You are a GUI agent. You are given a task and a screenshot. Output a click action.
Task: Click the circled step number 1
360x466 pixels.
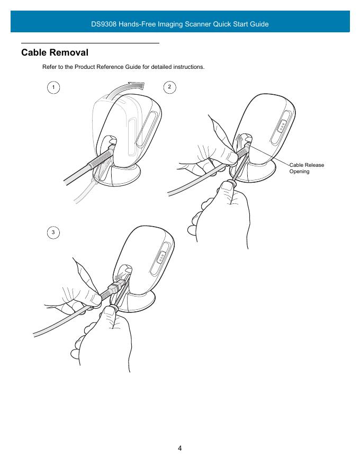(53, 87)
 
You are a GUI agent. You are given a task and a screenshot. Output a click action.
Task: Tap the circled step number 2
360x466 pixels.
(169, 87)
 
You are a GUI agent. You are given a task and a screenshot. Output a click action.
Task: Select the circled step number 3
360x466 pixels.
(53, 232)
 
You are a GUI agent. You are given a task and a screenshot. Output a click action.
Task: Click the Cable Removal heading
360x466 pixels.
(55, 52)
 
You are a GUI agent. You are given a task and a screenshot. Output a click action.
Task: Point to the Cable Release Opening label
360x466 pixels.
(307, 168)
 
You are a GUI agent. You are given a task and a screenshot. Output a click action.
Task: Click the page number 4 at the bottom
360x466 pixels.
(179, 448)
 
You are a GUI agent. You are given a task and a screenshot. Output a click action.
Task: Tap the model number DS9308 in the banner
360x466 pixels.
(104, 24)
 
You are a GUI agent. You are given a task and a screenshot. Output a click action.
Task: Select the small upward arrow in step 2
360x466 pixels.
(239, 142)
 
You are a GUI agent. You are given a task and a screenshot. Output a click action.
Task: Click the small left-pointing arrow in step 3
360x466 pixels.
(120, 279)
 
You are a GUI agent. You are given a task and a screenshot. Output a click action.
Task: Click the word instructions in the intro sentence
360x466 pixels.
(188, 67)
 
